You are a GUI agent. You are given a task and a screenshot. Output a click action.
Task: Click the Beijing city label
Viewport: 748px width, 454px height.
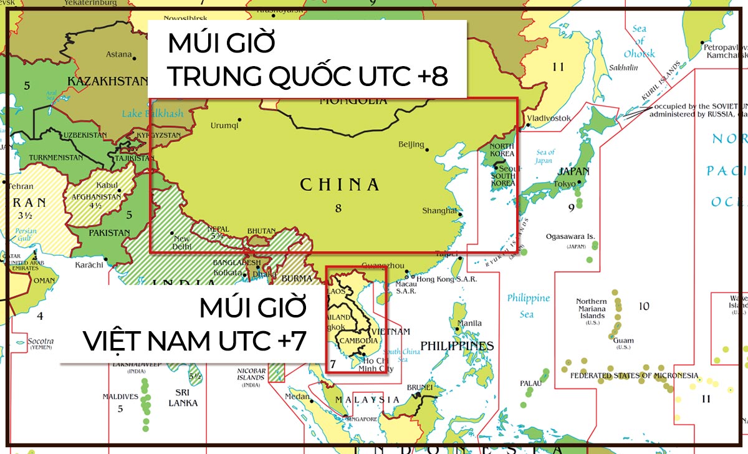click(x=411, y=145)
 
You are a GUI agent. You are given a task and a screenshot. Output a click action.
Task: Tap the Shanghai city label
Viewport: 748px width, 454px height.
click(x=439, y=210)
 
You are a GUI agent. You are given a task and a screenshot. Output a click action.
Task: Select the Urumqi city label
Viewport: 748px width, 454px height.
click(x=224, y=125)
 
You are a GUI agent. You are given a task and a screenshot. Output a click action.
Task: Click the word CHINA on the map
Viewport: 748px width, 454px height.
click(x=340, y=185)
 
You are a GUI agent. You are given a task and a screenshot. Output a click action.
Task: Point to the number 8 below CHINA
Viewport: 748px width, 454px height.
click(x=338, y=208)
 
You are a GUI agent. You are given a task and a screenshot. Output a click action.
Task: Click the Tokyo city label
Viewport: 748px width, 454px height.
click(x=564, y=184)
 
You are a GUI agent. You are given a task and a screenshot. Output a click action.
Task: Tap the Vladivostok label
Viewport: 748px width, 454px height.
click(x=549, y=118)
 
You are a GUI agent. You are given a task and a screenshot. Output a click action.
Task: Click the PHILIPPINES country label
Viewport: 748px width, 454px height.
click(x=457, y=345)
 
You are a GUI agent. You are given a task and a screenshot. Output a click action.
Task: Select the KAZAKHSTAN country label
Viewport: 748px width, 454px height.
click(x=107, y=81)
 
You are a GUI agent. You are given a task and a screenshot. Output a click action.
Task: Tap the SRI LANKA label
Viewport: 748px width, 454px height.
click(x=183, y=397)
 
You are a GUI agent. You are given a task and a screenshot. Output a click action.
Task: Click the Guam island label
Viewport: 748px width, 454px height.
click(x=623, y=340)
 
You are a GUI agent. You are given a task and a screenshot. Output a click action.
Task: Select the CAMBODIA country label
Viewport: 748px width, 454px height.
click(x=358, y=340)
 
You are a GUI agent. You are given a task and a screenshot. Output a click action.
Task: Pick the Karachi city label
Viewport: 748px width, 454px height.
click(x=89, y=265)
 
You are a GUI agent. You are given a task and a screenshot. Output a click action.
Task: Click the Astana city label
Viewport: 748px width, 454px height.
click(x=119, y=54)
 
